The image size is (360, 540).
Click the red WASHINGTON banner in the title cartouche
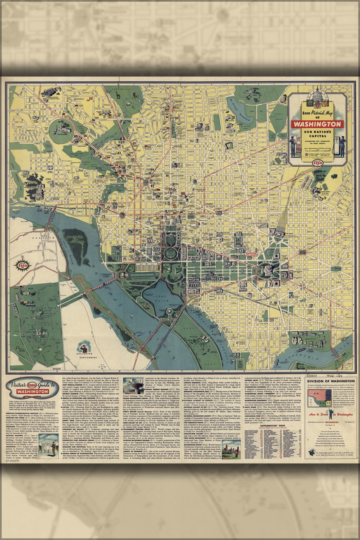(x=317, y=125)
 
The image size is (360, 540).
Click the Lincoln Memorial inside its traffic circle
(x=122, y=275)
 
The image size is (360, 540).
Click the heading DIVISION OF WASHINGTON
(x=330, y=381)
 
